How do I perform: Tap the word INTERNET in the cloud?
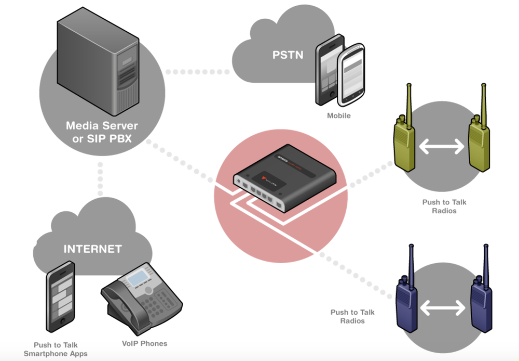tap(92, 249)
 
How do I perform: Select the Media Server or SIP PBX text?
tap(102, 131)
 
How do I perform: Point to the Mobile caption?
tap(338, 115)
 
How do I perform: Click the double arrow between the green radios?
tap(441, 147)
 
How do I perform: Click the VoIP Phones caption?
tap(144, 343)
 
